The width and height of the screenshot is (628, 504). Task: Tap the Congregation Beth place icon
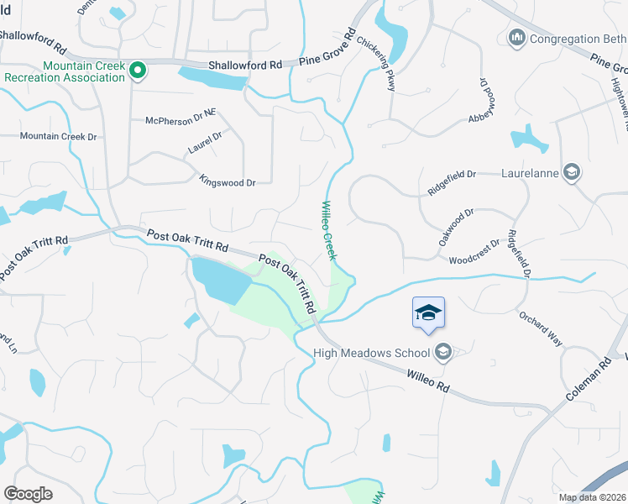516,38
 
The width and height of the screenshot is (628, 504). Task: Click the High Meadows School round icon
445,353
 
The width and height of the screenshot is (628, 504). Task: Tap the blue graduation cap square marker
428,313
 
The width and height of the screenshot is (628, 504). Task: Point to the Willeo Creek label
328,229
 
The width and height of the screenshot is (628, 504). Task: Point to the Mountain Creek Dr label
59,136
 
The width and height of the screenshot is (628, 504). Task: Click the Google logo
28,494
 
